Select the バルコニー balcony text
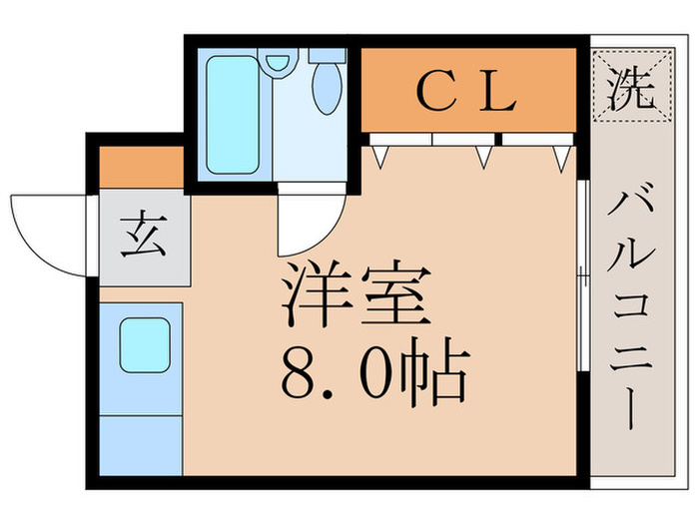[x=631, y=309]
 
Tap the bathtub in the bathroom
[x=232, y=115]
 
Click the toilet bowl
[x=327, y=85]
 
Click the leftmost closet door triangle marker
[x=379, y=155]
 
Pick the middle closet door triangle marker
[x=484, y=156]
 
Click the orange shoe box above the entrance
[x=142, y=167]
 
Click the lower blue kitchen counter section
[x=141, y=445]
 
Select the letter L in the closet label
[x=500, y=93]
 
